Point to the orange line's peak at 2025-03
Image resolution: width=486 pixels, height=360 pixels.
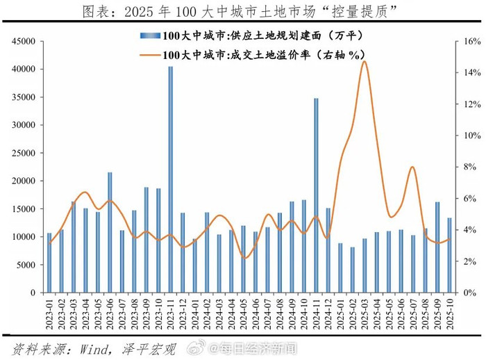tap(364, 62)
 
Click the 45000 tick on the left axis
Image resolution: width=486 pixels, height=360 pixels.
tap(23, 42)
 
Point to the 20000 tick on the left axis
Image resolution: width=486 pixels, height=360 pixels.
tap(23, 181)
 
